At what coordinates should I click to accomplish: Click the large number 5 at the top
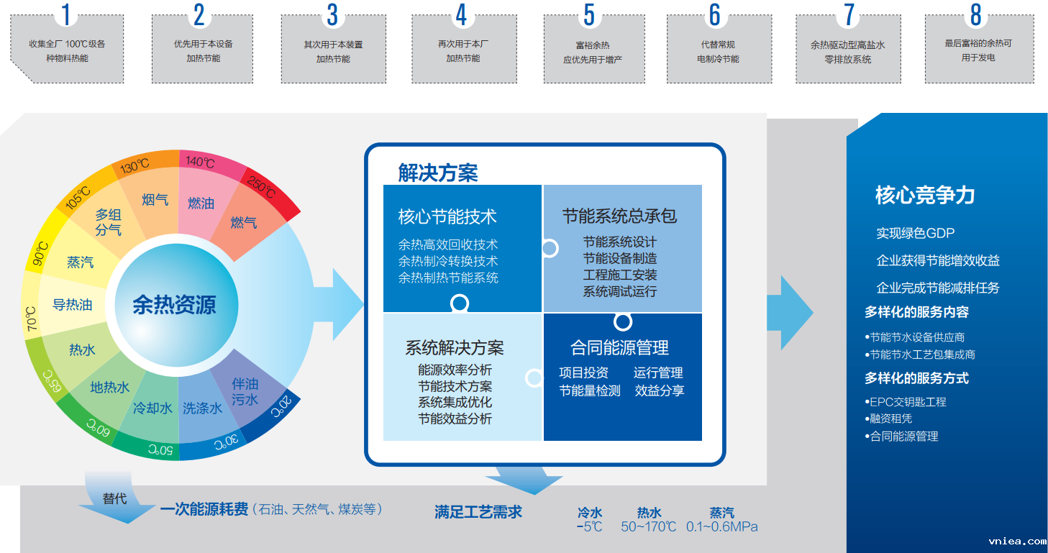589,15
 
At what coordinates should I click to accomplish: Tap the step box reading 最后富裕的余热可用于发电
978,50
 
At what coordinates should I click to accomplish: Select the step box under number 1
67,51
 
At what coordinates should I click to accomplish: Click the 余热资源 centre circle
174,305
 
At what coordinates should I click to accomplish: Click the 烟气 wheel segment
155,199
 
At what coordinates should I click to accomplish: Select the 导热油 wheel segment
72,305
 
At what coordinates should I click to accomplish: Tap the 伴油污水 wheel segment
245,391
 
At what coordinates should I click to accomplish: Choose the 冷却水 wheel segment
152,408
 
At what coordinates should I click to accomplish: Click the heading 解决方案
437,173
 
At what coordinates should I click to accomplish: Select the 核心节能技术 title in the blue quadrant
447,216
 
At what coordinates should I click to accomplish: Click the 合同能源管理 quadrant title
619,348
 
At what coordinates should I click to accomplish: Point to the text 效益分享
659,390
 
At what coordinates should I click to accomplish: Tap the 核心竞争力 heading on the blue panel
924,195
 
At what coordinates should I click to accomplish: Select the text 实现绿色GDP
915,233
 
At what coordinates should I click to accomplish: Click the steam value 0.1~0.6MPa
721,527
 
